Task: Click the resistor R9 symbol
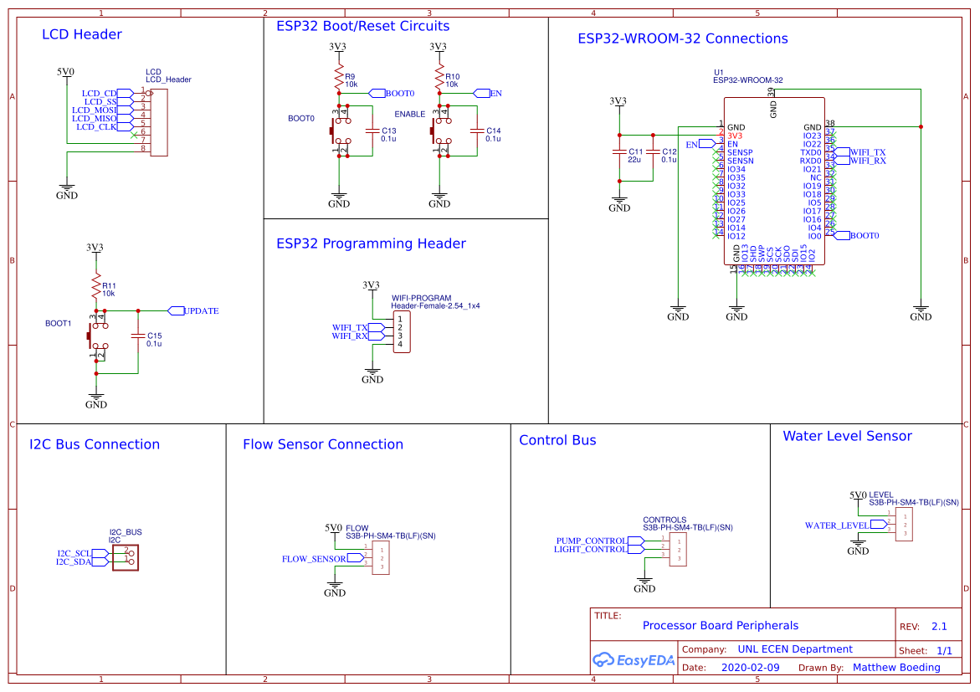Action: click(338, 79)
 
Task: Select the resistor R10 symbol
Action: click(438, 79)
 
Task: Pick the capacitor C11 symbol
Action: click(619, 155)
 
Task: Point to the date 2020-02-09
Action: click(750, 668)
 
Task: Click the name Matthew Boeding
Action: click(896, 668)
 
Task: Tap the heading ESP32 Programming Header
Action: click(371, 243)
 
